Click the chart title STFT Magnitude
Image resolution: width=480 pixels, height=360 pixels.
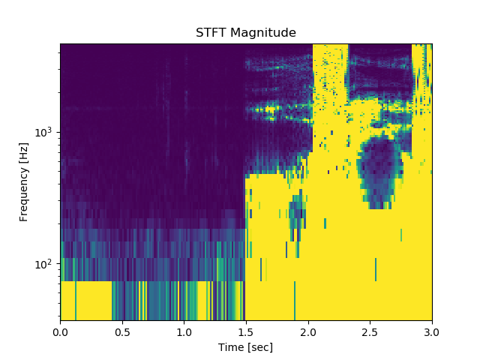click(x=246, y=33)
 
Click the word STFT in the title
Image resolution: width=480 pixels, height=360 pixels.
click(x=210, y=33)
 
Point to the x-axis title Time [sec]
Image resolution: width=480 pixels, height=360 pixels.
click(x=246, y=347)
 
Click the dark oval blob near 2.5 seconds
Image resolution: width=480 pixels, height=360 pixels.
click(x=379, y=169)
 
